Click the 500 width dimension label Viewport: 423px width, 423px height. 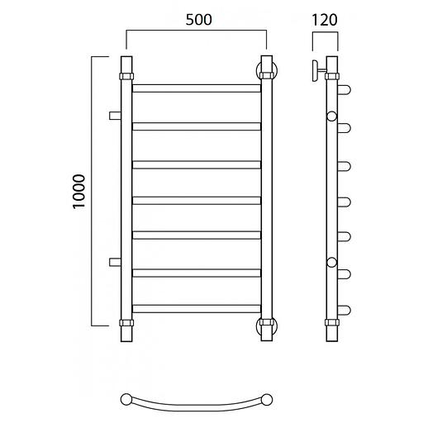(198, 20)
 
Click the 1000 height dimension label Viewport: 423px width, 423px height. (79, 192)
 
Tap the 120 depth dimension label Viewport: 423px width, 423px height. (325, 20)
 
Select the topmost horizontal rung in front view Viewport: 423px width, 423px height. (197, 88)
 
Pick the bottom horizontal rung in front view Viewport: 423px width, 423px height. (197, 308)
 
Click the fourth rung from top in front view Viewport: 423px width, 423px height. (197, 201)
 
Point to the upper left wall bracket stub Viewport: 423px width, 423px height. (115, 116)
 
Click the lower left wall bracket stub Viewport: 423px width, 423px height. (115, 262)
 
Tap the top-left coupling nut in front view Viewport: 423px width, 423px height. (126, 76)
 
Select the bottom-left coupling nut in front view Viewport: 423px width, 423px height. (126, 323)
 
